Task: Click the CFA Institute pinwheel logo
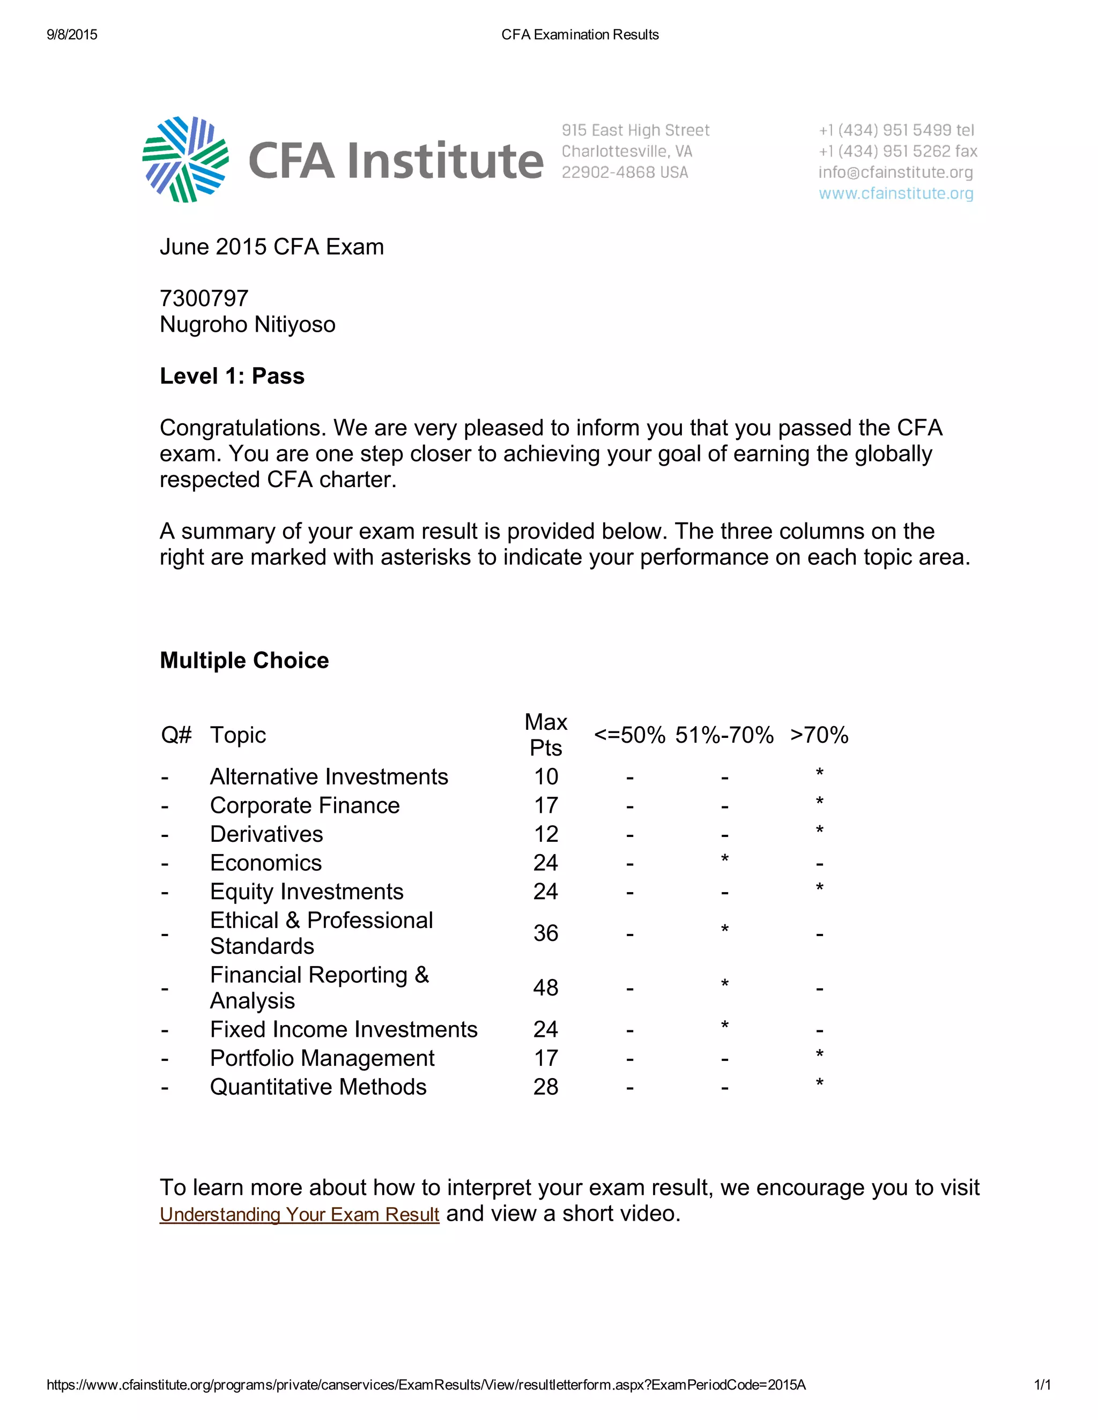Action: (186, 159)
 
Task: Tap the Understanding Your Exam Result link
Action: (299, 1214)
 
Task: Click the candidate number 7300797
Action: (204, 298)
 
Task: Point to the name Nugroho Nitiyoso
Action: (247, 324)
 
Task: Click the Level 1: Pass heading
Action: (232, 376)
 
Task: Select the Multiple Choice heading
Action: (244, 660)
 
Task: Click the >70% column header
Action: (819, 735)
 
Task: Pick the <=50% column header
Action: (629, 735)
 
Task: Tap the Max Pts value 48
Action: (546, 988)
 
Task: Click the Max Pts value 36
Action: (546, 933)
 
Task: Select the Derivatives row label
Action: (266, 834)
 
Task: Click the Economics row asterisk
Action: (725, 860)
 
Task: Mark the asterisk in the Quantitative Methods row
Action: (820, 1083)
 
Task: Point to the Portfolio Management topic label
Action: (322, 1058)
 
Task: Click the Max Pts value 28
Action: (546, 1087)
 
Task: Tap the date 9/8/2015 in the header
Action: (72, 34)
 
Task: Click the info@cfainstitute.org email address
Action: (896, 173)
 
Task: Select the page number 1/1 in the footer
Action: (1042, 1385)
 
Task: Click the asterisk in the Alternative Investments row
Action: (820, 773)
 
